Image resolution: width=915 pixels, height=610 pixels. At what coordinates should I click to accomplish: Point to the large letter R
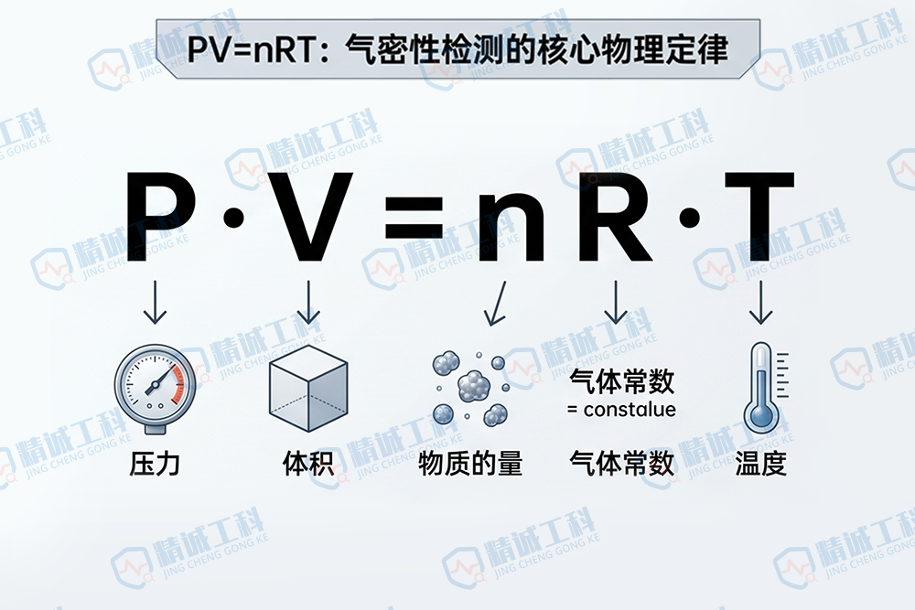(614, 217)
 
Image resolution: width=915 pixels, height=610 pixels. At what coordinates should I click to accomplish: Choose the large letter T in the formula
(756, 217)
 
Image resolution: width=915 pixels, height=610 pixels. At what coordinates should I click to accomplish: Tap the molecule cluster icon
(469, 389)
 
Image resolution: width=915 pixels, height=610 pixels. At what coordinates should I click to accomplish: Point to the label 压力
(155, 464)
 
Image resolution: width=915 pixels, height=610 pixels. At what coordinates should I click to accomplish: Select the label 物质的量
(470, 464)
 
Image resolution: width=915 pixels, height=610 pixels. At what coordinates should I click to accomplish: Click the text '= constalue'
(622, 409)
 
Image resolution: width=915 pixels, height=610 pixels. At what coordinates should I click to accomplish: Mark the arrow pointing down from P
(156, 303)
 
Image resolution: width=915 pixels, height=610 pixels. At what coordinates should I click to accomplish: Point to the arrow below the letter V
(308, 303)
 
